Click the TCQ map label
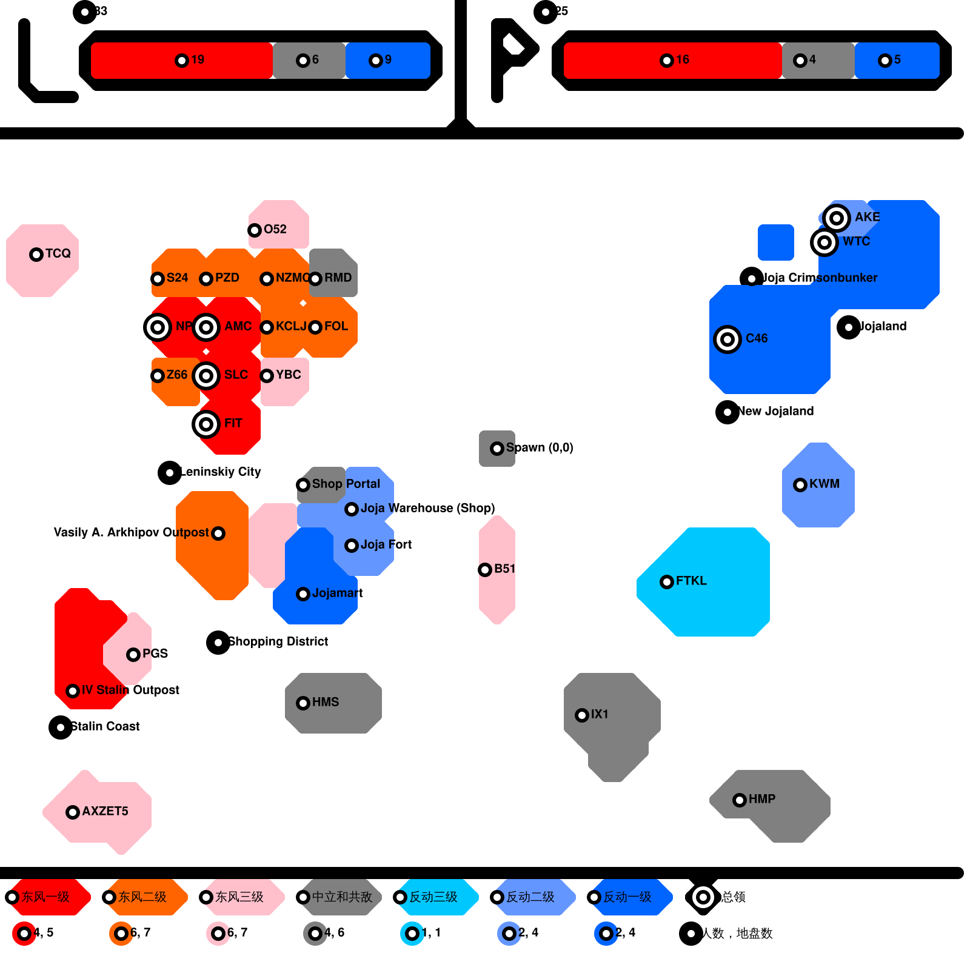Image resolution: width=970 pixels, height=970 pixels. pos(58,253)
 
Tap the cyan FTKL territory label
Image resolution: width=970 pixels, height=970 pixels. pos(691,581)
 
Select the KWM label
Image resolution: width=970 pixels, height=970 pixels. pos(824,484)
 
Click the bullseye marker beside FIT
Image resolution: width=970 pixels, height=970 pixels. pos(206,424)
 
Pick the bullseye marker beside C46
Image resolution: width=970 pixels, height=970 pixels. pos(727,339)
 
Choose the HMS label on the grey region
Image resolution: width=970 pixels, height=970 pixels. pos(325,702)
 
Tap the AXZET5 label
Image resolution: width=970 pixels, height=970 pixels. pos(105,811)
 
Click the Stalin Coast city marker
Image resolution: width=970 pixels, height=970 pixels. pos(61,727)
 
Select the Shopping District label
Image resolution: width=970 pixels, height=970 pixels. pos(278,641)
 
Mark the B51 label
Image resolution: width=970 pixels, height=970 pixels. pos(504,569)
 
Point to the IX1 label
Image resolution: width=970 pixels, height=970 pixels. pos(599,714)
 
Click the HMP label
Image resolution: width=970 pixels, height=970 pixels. pos(761,799)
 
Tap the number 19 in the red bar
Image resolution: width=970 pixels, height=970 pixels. pos(198,59)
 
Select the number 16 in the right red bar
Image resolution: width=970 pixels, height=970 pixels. pos(683,59)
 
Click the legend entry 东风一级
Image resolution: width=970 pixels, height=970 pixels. pos(45,897)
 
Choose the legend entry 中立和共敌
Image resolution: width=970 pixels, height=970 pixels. pos(342,897)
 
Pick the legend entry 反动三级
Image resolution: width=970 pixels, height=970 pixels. pos(433,897)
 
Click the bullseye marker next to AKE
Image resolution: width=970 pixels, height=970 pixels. pos(837,218)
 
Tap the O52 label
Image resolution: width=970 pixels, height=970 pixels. pos(275,229)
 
